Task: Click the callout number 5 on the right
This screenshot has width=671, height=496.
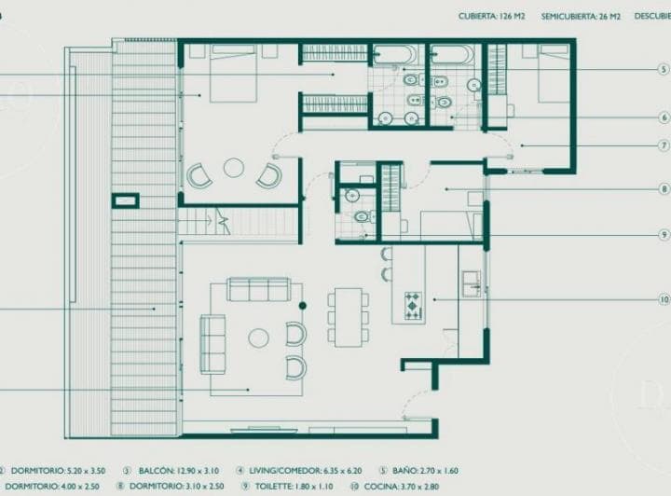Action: point(664,69)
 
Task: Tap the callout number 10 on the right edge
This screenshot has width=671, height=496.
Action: point(664,300)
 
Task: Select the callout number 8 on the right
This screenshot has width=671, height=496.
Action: point(664,189)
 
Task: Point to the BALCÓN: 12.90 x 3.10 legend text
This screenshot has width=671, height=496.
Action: point(175,471)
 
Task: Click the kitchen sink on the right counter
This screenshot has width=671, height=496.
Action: point(472,282)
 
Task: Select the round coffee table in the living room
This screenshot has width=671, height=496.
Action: point(258,338)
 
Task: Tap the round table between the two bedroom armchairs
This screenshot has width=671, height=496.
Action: point(233,168)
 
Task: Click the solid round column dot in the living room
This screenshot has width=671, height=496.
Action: point(302,305)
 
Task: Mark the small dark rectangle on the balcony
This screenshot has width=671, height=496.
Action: point(125,200)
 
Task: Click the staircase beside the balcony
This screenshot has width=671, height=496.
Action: point(198,222)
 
